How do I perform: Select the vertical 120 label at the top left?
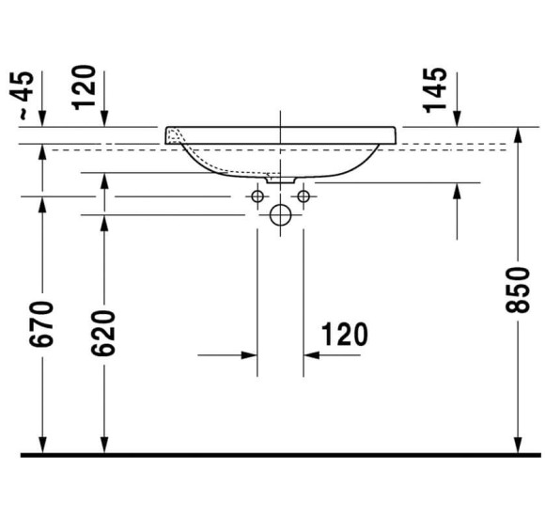coord(87,86)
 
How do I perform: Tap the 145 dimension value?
coord(435,89)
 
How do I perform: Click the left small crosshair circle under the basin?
coord(257,196)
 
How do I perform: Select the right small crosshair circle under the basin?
coord(303,196)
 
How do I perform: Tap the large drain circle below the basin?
coord(280,215)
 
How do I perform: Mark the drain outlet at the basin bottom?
coord(280,177)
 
